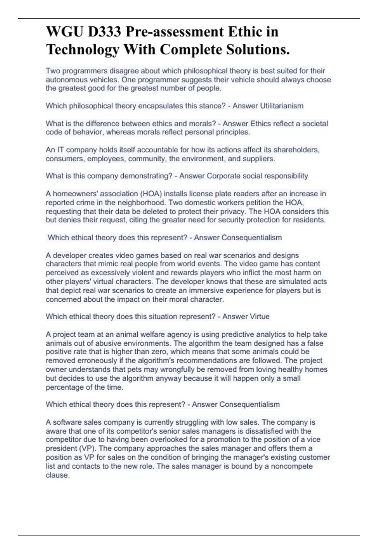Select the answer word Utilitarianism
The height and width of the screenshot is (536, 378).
(x=282, y=106)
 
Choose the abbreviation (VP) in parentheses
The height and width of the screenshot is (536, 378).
(x=88, y=448)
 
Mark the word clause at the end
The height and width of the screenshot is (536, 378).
(x=57, y=475)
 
